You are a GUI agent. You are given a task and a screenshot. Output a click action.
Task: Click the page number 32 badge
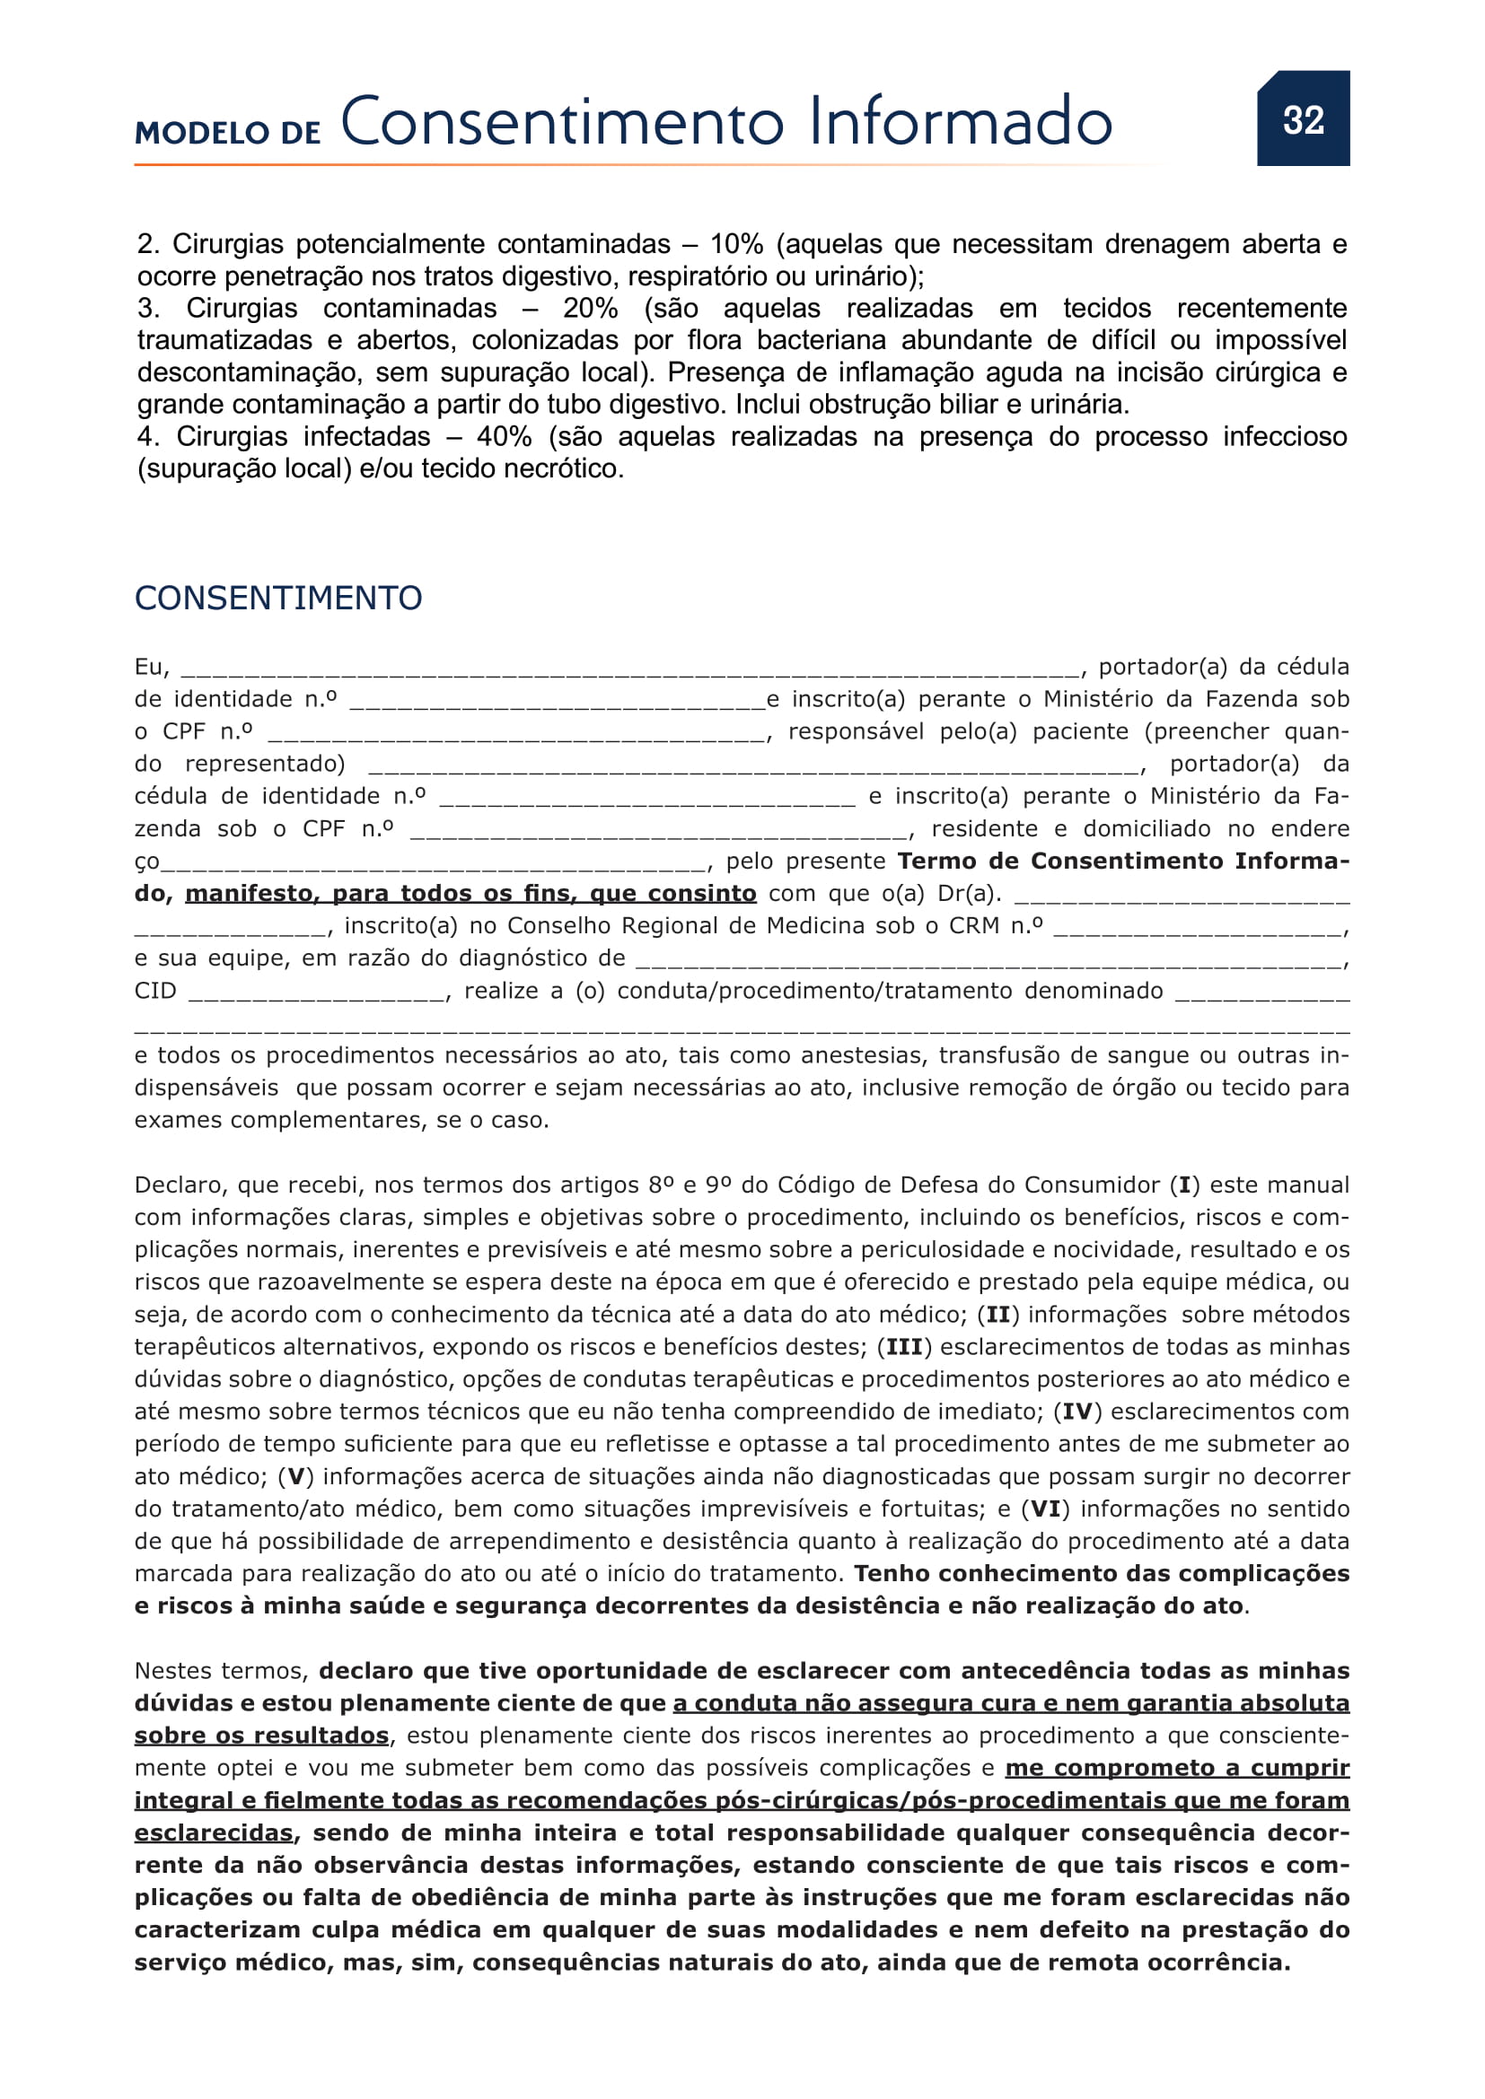click(x=1302, y=119)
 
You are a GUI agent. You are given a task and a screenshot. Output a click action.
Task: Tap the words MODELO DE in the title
click(x=228, y=134)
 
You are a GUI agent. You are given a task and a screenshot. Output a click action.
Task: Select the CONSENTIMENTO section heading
click(x=278, y=598)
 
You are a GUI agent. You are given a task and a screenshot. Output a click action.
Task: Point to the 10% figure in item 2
click(x=736, y=244)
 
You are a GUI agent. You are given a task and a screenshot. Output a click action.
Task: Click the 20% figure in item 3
click(x=590, y=308)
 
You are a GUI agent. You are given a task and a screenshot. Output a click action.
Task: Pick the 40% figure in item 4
click(x=504, y=436)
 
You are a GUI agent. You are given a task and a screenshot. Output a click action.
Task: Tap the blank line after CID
click(x=316, y=993)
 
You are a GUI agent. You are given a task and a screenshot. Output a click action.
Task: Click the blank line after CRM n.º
click(x=1198, y=929)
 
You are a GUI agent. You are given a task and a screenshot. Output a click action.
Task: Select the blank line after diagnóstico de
click(x=988, y=961)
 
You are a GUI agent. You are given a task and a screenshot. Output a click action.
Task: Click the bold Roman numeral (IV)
click(x=1077, y=1412)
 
